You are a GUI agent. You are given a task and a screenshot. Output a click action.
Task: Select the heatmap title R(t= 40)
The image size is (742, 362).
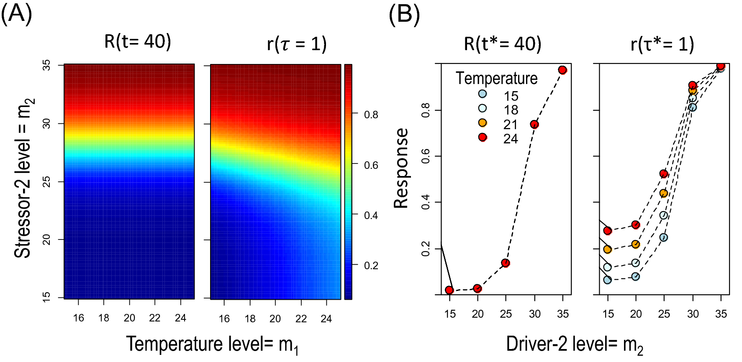[x=138, y=42]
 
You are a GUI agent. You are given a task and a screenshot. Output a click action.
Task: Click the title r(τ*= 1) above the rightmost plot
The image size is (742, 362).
[x=662, y=44]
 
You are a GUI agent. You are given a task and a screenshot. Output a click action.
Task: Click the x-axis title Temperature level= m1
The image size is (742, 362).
[x=213, y=344]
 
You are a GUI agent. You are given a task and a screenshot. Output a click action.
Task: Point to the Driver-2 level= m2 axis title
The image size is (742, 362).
[x=574, y=344]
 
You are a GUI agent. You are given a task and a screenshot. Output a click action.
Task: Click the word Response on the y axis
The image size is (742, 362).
[x=401, y=168]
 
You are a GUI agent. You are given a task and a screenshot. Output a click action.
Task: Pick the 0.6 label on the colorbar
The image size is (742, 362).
[x=371, y=165]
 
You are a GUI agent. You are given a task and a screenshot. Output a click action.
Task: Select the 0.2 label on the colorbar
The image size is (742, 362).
[x=371, y=265]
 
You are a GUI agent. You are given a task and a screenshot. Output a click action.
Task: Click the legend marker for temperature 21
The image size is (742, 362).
[x=483, y=122]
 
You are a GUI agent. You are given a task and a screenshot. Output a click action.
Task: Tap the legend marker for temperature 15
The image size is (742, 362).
[x=483, y=94]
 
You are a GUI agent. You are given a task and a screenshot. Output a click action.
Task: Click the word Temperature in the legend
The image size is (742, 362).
[x=496, y=79]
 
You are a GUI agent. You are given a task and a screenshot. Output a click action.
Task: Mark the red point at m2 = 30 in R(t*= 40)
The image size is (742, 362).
[x=534, y=125]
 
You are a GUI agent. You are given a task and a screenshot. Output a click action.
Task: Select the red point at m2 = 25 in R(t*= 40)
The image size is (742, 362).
[x=506, y=263]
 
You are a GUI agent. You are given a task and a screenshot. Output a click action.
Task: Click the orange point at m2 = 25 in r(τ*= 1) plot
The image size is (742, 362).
[x=664, y=193]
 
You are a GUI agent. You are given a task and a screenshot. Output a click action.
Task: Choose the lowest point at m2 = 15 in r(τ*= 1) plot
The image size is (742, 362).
[x=608, y=280]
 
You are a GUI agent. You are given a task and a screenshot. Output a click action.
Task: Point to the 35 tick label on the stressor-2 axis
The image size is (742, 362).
[x=46, y=65]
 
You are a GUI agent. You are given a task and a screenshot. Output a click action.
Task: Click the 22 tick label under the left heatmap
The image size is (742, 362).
[x=155, y=318]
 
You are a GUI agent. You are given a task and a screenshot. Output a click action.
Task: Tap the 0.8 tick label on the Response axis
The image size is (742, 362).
[x=426, y=111]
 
